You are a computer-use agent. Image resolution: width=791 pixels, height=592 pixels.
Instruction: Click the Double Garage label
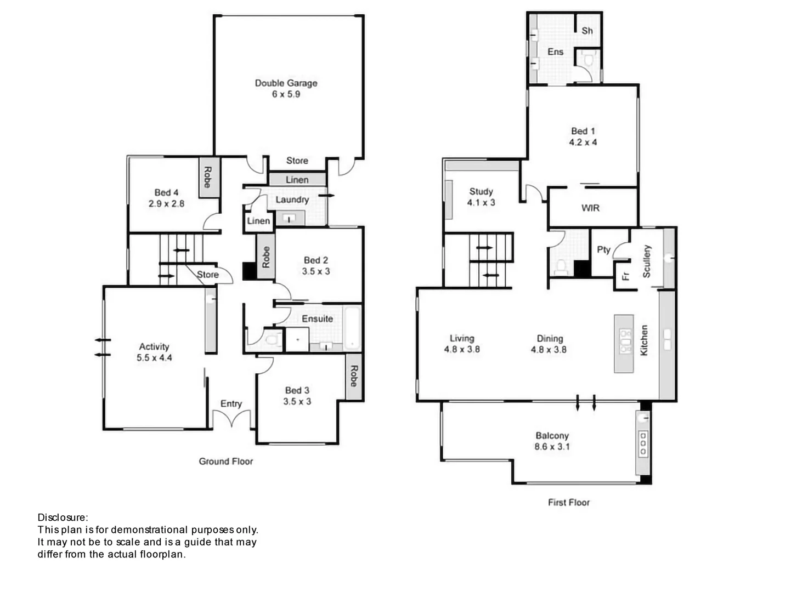(286, 83)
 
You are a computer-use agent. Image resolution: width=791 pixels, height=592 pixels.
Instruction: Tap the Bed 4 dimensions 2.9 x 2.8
(166, 203)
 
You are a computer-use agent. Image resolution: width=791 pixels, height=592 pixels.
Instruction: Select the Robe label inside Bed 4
(208, 177)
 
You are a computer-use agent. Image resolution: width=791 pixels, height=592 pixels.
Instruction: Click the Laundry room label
(292, 200)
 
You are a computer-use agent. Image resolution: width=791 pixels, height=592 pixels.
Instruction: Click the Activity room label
(154, 346)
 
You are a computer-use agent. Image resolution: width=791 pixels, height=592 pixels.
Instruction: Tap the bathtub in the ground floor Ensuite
(352, 328)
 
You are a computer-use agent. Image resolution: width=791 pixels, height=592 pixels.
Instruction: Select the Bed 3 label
(297, 390)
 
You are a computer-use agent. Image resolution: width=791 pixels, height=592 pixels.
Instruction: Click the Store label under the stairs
(208, 274)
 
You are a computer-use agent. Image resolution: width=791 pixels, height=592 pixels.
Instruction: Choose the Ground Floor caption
(226, 462)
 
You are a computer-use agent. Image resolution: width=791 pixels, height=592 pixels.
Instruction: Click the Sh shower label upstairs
(587, 31)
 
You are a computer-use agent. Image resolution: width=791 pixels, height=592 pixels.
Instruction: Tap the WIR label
(590, 208)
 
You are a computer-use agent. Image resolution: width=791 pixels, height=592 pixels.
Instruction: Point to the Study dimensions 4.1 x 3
(481, 202)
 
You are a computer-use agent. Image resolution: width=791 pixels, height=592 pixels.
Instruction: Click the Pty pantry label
(603, 249)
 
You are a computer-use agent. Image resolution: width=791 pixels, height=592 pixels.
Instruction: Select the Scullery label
(647, 261)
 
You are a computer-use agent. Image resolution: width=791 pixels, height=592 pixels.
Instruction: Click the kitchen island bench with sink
(624, 344)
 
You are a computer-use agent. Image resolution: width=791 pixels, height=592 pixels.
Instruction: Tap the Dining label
(550, 339)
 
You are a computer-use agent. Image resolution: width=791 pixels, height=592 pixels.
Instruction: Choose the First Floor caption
(569, 502)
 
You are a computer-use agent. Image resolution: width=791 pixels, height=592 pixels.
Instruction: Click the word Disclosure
(62, 517)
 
